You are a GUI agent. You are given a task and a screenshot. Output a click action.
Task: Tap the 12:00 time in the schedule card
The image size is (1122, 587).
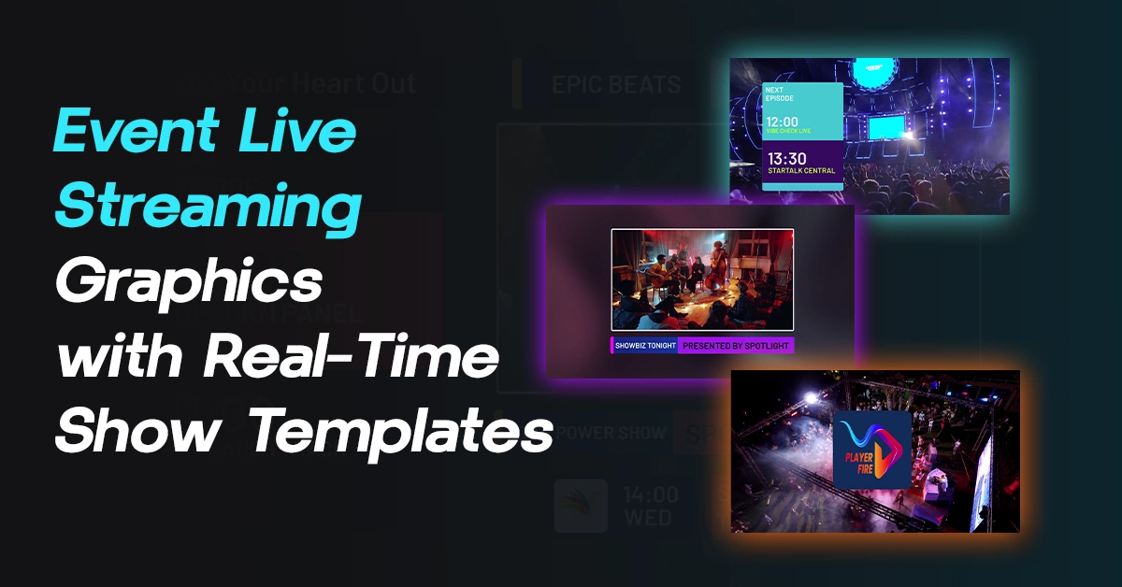coord(784,122)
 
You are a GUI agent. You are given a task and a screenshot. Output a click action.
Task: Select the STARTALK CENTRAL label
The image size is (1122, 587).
coord(800,171)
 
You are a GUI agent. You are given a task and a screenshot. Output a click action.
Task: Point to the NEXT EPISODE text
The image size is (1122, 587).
coord(782,93)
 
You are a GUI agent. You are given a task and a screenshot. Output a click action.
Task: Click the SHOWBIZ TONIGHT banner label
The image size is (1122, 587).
coord(645,346)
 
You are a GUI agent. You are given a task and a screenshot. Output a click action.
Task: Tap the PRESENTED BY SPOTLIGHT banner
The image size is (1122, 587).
coord(736,346)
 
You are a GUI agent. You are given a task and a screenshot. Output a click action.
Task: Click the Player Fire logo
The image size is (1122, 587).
coord(871,450)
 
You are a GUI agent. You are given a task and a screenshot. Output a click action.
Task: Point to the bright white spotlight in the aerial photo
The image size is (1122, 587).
coord(810,398)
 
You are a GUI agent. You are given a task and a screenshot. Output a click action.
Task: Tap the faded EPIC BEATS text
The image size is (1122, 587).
coord(615,86)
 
